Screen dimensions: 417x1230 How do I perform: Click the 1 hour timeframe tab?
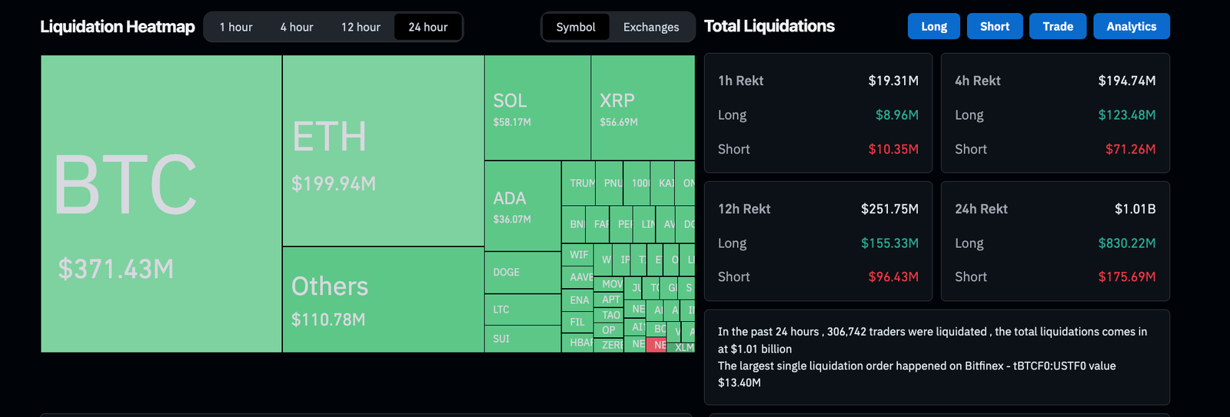[x=236, y=27]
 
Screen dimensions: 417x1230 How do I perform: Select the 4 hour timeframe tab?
[x=297, y=27]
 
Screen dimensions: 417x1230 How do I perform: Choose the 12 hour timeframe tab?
[x=361, y=27]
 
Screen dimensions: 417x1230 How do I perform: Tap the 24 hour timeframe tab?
[x=428, y=27]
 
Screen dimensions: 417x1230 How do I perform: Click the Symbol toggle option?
[x=576, y=27]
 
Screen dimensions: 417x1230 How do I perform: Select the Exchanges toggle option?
[x=651, y=27]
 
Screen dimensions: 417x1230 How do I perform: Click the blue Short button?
[x=995, y=26]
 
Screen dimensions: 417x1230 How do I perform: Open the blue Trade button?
[x=1058, y=26]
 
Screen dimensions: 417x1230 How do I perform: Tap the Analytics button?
[x=1131, y=26]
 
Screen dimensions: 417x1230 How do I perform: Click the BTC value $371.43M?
[x=116, y=270]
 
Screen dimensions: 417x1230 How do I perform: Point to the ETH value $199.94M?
[x=334, y=184]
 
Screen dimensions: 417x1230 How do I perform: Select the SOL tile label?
[x=510, y=101]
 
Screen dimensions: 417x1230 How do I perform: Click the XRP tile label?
[x=617, y=101]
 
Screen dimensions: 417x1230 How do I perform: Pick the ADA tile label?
[x=510, y=198]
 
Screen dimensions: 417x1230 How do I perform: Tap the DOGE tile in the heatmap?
[x=507, y=273]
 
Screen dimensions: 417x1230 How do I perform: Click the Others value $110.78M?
[x=328, y=319]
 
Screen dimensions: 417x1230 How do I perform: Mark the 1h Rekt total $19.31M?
[x=893, y=81]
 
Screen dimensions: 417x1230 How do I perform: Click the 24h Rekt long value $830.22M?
[x=1126, y=243]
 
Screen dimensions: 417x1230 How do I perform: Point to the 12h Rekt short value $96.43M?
[x=893, y=276]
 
